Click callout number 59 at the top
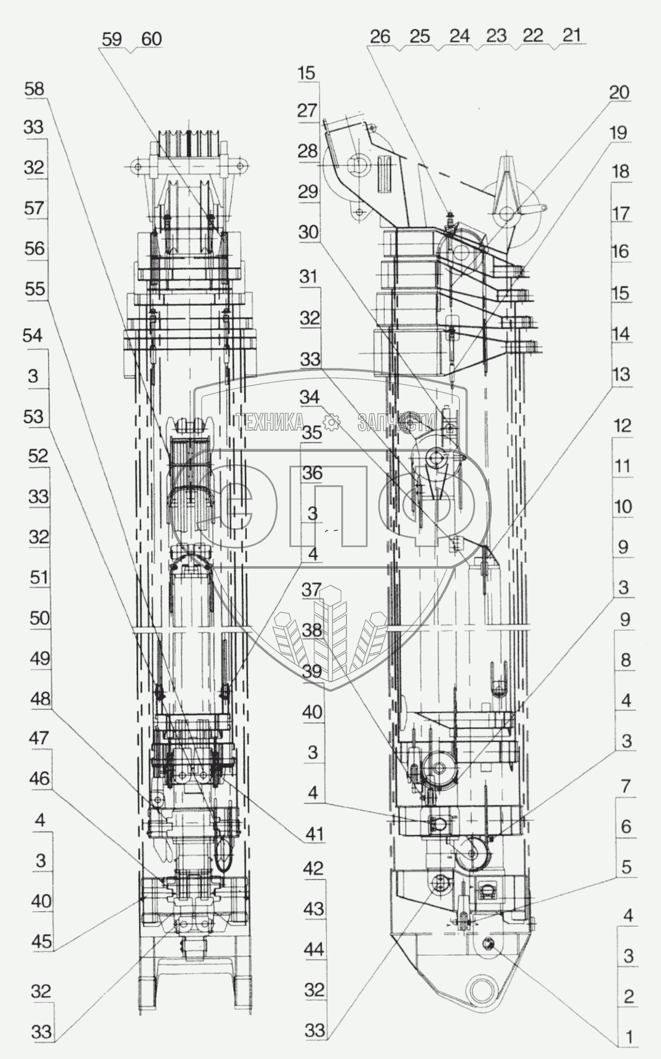point(113,39)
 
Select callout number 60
point(151,39)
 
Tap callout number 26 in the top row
point(379,36)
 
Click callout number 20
point(619,93)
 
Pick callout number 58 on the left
point(34,89)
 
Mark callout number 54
point(32,336)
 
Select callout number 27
point(307,111)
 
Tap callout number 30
point(308,232)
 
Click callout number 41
point(315,833)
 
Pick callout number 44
point(315,949)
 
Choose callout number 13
point(621,374)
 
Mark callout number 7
point(626,786)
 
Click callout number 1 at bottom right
point(629,1037)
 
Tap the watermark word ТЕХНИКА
point(269,423)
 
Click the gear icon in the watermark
point(330,423)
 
